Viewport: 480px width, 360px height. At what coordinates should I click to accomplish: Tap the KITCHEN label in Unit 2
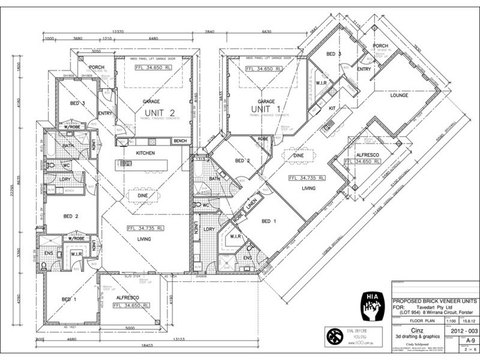coord(145,154)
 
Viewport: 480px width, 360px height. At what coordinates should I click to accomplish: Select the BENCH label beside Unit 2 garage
coord(179,141)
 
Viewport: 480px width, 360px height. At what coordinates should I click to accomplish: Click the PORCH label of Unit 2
coord(97,67)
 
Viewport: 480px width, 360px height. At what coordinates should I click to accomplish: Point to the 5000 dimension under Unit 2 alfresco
coord(130,328)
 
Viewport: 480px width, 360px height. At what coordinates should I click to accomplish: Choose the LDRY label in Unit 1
coord(209,230)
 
